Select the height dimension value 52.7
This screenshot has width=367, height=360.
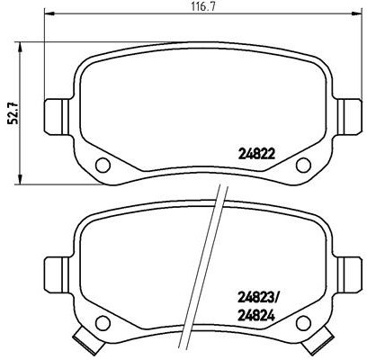pos(13,112)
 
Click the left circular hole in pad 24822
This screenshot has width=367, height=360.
pos(102,164)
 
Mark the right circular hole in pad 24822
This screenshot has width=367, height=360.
pos(303,164)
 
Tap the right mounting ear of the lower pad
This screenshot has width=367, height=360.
pos(345,267)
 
